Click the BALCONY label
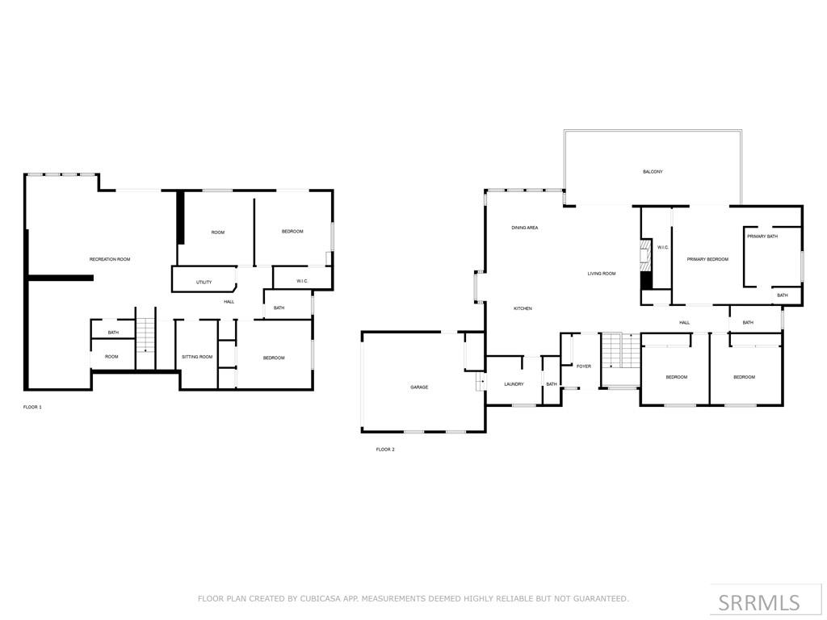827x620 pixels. [653, 172]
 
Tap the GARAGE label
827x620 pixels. [419, 387]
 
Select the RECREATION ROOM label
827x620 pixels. [110, 259]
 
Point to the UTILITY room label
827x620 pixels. [204, 283]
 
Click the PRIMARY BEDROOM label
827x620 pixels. [707, 259]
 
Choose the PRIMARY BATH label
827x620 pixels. [762, 237]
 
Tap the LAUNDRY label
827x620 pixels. [514, 384]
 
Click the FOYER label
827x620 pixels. [583, 367]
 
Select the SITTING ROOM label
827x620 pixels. [197, 357]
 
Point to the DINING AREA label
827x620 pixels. [525, 228]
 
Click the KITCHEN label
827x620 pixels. [523, 308]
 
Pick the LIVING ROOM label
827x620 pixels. [602, 274]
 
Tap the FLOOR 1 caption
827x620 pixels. [32, 407]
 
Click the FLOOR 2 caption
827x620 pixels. [385, 449]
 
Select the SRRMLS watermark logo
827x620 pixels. [759, 602]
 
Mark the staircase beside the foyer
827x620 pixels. [620, 350]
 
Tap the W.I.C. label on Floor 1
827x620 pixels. [302, 281]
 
